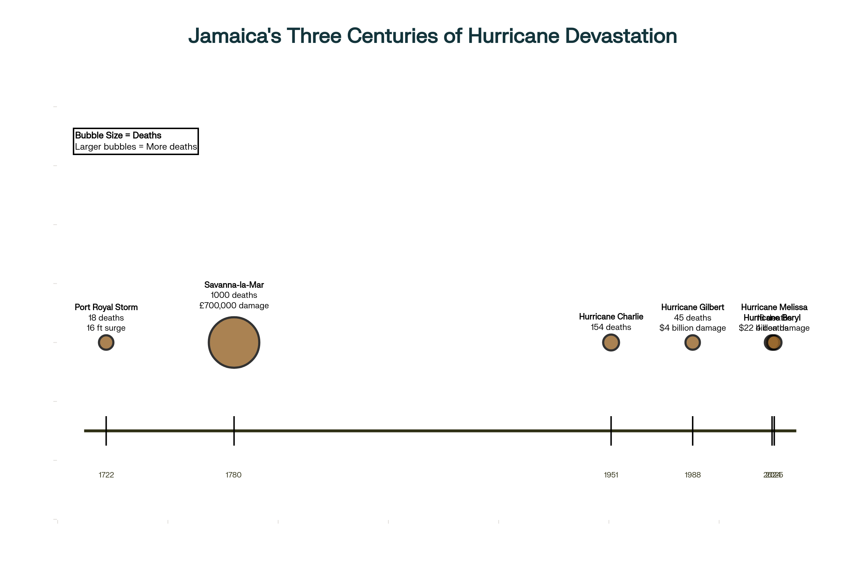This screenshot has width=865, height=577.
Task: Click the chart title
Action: click(432, 36)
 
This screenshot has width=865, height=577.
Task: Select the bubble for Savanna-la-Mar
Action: click(234, 343)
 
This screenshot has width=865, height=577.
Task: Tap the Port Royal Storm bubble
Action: click(106, 343)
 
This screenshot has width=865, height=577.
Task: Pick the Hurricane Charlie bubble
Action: click(611, 343)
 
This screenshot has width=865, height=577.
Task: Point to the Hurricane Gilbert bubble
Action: click(692, 343)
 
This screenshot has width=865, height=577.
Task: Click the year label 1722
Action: click(106, 475)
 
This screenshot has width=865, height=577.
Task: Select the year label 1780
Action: click(234, 475)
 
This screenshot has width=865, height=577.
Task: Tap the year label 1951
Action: click(611, 475)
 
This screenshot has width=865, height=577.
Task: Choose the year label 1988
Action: click(692, 475)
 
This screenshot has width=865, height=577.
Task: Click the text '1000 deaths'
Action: click(234, 295)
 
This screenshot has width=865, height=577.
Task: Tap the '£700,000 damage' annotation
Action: click(234, 305)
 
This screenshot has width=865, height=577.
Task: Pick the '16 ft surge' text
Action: click(106, 328)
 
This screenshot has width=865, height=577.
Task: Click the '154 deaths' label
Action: click(611, 327)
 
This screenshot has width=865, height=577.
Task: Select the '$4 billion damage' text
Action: click(692, 328)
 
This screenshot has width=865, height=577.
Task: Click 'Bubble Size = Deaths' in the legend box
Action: click(118, 136)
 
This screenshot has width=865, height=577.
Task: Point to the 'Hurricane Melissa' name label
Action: click(774, 307)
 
